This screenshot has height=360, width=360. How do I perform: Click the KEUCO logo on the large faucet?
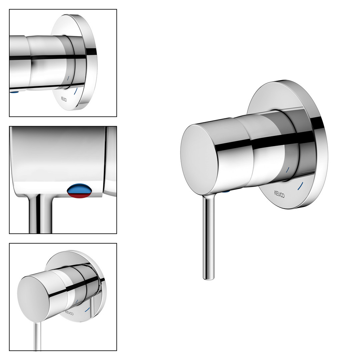(x=279, y=194)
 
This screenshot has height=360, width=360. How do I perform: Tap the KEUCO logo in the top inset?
(x=64, y=99)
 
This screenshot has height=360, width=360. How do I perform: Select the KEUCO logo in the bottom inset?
(x=69, y=313)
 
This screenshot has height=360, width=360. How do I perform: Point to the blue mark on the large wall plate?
(x=300, y=186)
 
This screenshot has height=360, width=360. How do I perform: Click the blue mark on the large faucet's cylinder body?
(x=288, y=170)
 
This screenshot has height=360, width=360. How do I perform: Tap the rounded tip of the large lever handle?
(x=208, y=278)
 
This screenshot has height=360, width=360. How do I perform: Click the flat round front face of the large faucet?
(x=199, y=160)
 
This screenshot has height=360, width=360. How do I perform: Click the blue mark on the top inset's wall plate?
(x=76, y=91)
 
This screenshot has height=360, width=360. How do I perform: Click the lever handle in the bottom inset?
(x=37, y=336)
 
